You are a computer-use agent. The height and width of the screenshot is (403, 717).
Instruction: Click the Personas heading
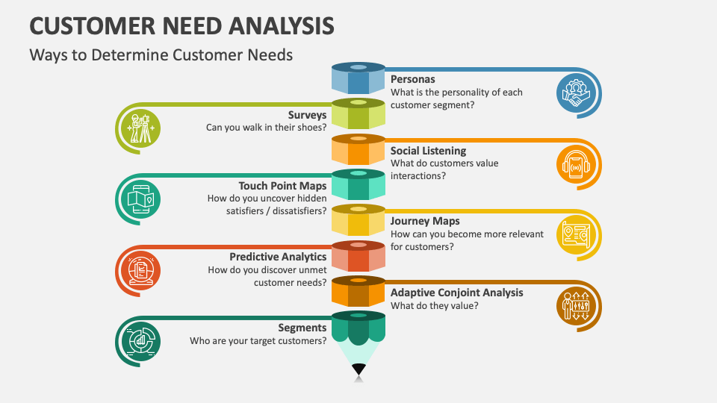412,79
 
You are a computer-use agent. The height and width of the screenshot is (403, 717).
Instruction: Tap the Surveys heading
307,115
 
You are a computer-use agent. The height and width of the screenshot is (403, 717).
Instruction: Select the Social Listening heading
428,151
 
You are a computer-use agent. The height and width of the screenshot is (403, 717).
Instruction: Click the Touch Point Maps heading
282,186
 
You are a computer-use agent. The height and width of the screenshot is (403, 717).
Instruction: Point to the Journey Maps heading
425,221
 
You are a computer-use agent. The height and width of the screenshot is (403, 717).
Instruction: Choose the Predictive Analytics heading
278,257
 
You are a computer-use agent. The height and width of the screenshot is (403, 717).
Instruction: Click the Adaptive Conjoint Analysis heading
456,293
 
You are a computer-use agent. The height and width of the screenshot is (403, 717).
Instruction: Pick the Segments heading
302,328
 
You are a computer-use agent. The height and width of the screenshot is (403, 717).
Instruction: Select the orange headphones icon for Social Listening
576,164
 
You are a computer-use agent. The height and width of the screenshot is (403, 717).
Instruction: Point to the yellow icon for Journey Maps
576,234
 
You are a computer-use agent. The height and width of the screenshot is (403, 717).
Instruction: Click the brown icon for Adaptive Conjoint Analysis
576,304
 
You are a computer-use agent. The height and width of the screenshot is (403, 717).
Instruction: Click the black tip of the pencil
358,369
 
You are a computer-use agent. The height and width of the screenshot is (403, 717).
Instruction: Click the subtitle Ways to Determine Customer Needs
161,54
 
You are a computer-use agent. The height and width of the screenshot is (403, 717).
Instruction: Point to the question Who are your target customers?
258,341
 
